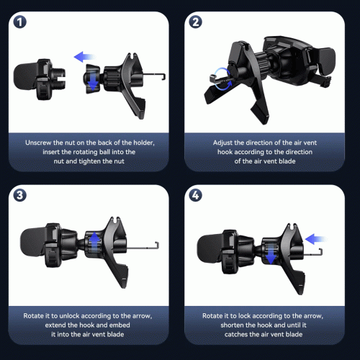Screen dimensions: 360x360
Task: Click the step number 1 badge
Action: click(19, 22)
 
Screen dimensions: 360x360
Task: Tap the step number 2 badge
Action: click(196, 22)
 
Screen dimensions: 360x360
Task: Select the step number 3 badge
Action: click(19, 195)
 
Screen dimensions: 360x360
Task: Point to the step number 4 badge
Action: click(196, 195)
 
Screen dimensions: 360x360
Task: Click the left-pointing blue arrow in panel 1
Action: click(85, 57)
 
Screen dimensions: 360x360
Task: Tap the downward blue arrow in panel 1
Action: click(93, 81)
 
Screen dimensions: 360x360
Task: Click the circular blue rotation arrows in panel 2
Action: click(222, 79)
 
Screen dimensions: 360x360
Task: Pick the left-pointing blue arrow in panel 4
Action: click(315, 239)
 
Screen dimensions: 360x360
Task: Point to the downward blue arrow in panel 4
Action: click(271, 254)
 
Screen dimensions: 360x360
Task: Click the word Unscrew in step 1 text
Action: click(38, 143)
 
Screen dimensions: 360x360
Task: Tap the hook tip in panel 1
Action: click(163, 77)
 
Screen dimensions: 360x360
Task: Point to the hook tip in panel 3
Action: click(157, 246)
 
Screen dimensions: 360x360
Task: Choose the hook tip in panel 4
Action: click(320, 251)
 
